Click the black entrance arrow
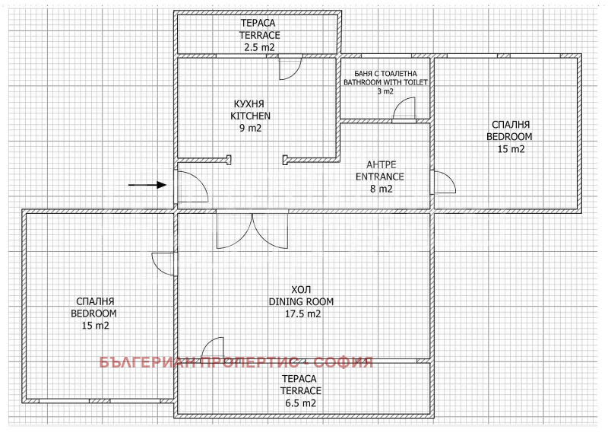[x=147, y=184]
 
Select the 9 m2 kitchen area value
[x=251, y=128]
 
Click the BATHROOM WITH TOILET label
[x=385, y=81]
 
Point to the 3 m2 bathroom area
[x=385, y=91]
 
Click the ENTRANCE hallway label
[x=381, y=177]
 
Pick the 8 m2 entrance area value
[x=381, y=189]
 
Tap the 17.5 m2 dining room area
[x=302, y=313]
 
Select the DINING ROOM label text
[x=302, y=301]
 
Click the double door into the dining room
[x=251, y=231]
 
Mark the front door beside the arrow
[x=192, y=186]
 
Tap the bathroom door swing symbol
[x=404, y=110]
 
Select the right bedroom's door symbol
[x=443, y=183]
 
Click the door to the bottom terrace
[x=214, y=348]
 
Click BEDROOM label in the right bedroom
[x=509, y=137]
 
